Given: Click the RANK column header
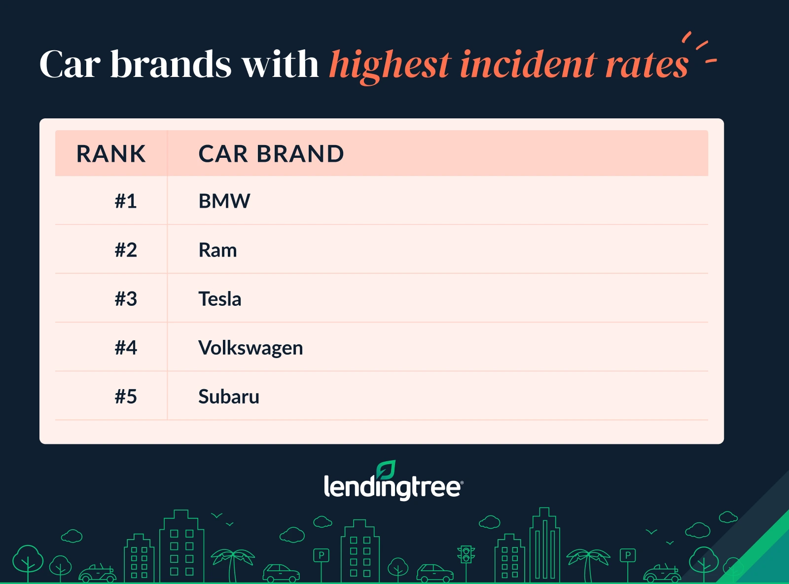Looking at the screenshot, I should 111,154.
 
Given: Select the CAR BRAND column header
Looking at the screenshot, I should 271,154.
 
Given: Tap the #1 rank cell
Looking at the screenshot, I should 126,201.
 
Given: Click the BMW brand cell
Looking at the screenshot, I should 224,201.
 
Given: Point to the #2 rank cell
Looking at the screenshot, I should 126,250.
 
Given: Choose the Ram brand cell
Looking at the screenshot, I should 217,250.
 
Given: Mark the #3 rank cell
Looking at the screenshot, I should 126,299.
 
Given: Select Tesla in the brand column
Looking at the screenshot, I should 220,299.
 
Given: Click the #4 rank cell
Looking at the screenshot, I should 126,348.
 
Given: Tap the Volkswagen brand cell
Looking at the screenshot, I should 251,348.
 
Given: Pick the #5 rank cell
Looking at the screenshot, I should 126,397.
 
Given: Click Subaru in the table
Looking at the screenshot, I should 229,397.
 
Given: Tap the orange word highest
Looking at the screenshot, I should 390,65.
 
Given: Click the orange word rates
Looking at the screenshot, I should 646,65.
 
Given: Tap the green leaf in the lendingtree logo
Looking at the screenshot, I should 386,470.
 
